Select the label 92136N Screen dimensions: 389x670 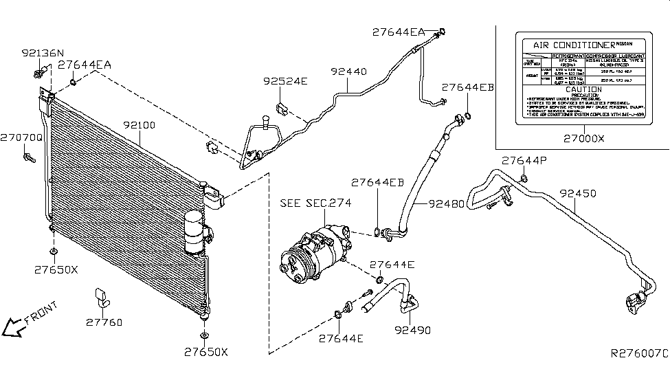(x=42, y=52)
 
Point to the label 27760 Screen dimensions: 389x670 (x=104, y=322)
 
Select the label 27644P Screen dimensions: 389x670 (x=524, y=160)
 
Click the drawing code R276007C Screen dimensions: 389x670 (x=639, y=354)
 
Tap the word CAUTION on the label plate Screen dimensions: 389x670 (x=583, y=89)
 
